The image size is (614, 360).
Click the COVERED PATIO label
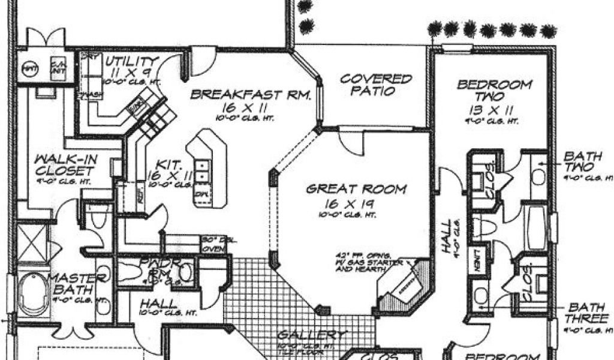376,85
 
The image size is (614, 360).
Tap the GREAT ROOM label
356,190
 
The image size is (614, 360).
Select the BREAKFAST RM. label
250,94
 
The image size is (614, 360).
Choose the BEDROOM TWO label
494,91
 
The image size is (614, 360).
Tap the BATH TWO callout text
578,162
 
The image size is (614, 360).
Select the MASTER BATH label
78,284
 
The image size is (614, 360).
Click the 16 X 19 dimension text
356,204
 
